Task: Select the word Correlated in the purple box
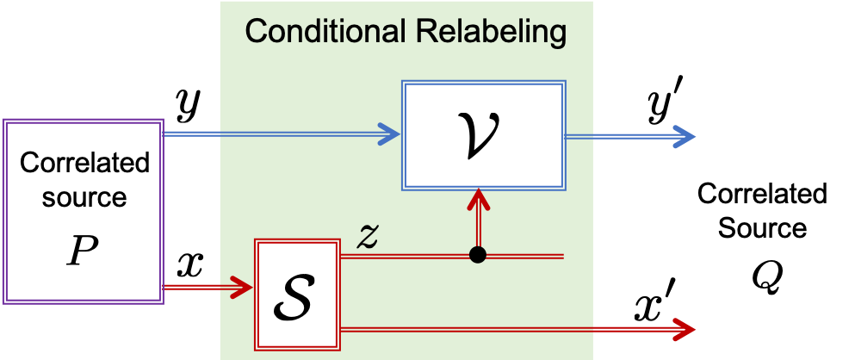click(84, 162)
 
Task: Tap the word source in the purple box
click(84, 197)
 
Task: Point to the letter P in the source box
click(84, 251)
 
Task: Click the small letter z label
click(369, 237)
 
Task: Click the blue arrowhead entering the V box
click(389, 134)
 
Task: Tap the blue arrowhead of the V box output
click(684, 135)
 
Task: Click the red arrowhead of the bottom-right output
click(684, 328)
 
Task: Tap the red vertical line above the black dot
click(478, 228)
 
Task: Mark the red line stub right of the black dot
click(525, 256)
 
